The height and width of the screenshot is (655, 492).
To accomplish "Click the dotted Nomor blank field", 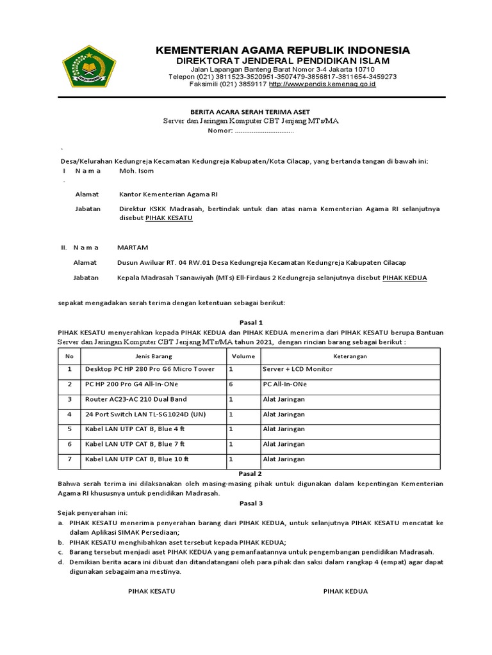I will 264,130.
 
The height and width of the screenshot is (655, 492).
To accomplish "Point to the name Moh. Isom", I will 136,171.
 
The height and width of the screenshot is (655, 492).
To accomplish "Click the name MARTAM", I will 132,247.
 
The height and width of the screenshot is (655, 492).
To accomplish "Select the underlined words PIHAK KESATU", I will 168,217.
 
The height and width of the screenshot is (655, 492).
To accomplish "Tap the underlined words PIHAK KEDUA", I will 404,278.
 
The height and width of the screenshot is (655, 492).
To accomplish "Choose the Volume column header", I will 243,356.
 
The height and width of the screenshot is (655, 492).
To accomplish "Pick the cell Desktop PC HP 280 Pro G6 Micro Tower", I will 150,369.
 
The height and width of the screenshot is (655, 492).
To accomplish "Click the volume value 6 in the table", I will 231,384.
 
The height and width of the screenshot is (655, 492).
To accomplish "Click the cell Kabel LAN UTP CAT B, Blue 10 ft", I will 137,459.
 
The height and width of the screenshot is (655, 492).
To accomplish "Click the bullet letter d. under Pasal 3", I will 60,562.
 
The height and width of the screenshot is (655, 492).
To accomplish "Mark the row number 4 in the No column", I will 69,414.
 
